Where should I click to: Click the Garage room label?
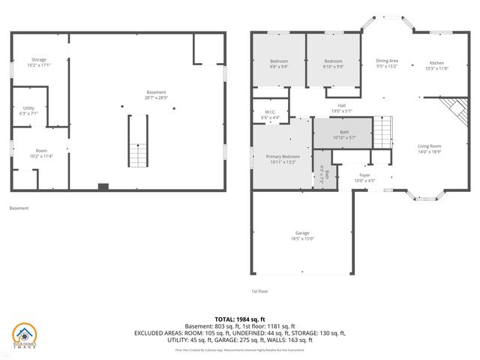click(302, 232)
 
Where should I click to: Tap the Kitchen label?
click(436, 63)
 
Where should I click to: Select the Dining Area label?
click(386, 60)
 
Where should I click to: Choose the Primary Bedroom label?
click(282, 156)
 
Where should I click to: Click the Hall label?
click(341, 105)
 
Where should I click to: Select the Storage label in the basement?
click(39, 59)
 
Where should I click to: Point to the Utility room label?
click(28, 108)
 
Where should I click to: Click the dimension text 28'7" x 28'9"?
click(156, 98)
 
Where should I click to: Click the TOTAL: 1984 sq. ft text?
click(239, 319)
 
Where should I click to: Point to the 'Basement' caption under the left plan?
click(19, 208)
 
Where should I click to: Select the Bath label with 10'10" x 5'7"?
click(344, 132)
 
